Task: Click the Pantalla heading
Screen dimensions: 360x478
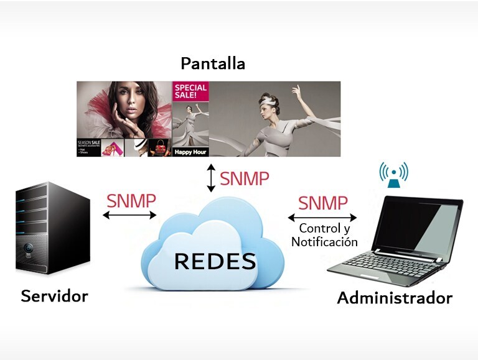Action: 212,64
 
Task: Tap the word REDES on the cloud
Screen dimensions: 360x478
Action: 215,262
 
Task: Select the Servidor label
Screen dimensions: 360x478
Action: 54,296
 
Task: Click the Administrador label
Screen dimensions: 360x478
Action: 394,298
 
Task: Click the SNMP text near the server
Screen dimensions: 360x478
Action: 131,201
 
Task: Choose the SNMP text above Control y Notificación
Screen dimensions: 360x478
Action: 322,203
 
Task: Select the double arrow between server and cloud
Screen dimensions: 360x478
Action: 130,215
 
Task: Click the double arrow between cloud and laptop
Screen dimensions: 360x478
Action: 322,218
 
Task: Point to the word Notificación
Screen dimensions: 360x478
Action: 324,242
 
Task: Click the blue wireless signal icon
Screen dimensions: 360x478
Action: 393,174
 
